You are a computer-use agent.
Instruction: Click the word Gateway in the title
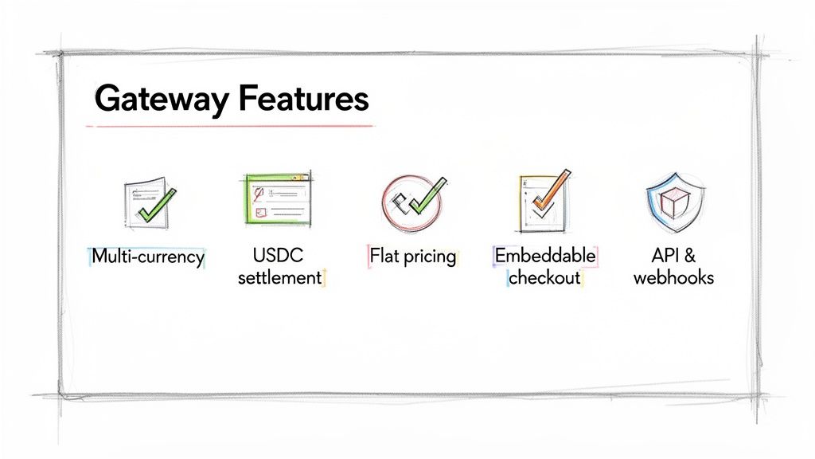point(149,100)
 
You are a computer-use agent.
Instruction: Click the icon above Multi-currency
point(147,200)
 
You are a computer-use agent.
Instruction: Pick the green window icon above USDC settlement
point(275,198)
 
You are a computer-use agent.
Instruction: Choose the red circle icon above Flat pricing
point(411,200)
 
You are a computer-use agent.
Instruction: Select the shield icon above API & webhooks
point(673,199)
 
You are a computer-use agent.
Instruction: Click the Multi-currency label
point(148,257)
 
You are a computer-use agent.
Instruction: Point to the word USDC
point(279,256)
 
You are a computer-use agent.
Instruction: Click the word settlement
point(279,277)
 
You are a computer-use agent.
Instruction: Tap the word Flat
point(386,257)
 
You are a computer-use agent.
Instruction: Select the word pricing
point(430,257)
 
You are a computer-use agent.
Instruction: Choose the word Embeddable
point(545,256)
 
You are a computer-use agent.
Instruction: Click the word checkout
point(544,277)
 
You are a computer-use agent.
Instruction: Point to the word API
point(665,256)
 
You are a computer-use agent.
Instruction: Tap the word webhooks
point(673,277)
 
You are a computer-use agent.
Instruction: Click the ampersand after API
point(690,256)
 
